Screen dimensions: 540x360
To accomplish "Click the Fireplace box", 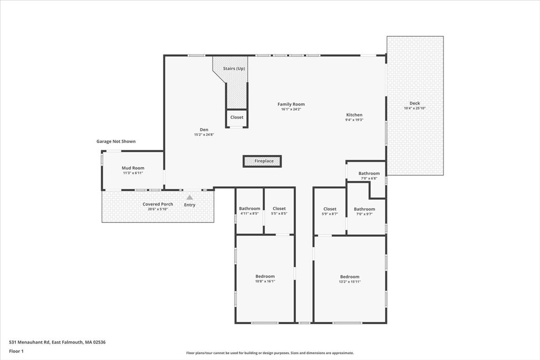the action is coord(262,161).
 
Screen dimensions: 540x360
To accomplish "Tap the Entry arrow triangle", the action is coord(189,198).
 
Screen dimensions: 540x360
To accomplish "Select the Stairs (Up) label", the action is coord(234,69).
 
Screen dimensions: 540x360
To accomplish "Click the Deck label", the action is coord(414,103).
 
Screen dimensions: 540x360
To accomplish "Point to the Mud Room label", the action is coord(133,168).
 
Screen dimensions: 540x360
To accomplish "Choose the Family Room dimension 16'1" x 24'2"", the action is coord(291,109).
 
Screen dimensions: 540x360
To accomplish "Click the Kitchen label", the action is coord(354,115).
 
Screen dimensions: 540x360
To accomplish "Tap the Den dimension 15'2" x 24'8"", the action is coord(204,134).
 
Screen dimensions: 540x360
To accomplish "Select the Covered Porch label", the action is coord(158,204).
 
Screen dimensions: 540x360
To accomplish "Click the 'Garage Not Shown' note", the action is coord(116,141).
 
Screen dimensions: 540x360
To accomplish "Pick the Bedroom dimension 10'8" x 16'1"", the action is coord(265,281).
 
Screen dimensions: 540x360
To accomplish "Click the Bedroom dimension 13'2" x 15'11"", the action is coord(350,281).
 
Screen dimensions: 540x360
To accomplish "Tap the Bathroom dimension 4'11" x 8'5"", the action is coord(249,213).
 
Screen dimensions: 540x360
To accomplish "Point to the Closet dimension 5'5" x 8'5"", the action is coord(279,213).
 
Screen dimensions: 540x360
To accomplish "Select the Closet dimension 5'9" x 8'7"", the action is coord(330,213).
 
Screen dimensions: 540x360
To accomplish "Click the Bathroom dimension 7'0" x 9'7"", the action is coord(364,213).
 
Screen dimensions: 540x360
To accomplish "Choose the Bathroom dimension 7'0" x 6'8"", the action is coord(369,178).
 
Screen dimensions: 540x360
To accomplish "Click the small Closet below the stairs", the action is coord(237,118).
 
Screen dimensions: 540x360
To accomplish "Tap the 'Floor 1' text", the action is coord(16,352).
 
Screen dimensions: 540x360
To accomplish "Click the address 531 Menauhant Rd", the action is coord(30,342).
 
